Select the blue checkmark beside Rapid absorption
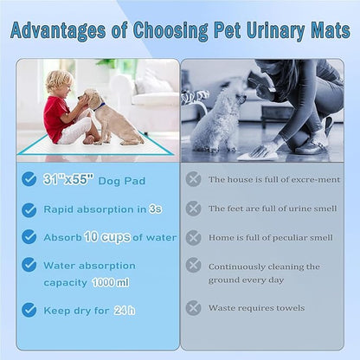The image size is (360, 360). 29,209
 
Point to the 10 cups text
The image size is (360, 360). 102,237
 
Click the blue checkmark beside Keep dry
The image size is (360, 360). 29,309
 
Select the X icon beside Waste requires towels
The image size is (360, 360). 193,308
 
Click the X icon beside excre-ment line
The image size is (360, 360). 193,180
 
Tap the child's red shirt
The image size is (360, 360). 56,113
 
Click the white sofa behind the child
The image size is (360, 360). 146,91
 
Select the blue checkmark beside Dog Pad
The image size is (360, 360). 29,179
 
